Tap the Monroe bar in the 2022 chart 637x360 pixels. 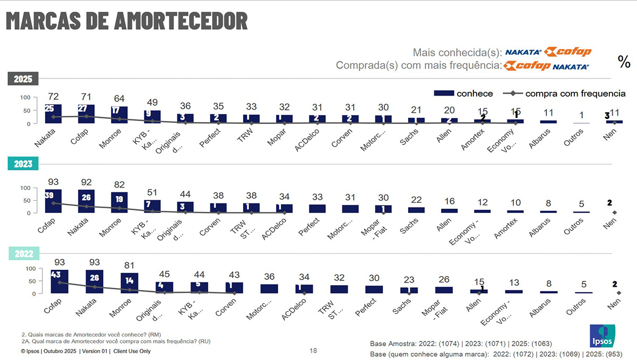pyautogui.click(x=130, y=283)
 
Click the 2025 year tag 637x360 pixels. pyautogui.click(x=23, y=79)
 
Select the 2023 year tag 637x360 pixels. pyautogui.click(x=23, y=164)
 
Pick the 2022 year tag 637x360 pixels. pyautogui.click(x=23, y=254)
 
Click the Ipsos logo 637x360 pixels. pyautogui.click(x=602, y=335)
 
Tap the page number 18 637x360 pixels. pyautogui.click(x=313, y=351)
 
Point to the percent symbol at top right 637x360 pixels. pyautogui.click(x=624, y=62)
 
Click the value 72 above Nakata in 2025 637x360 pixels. pyautogui.click(x=54, y=97)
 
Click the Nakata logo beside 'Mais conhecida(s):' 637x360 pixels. pyautogui.click(x=523, y=52)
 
